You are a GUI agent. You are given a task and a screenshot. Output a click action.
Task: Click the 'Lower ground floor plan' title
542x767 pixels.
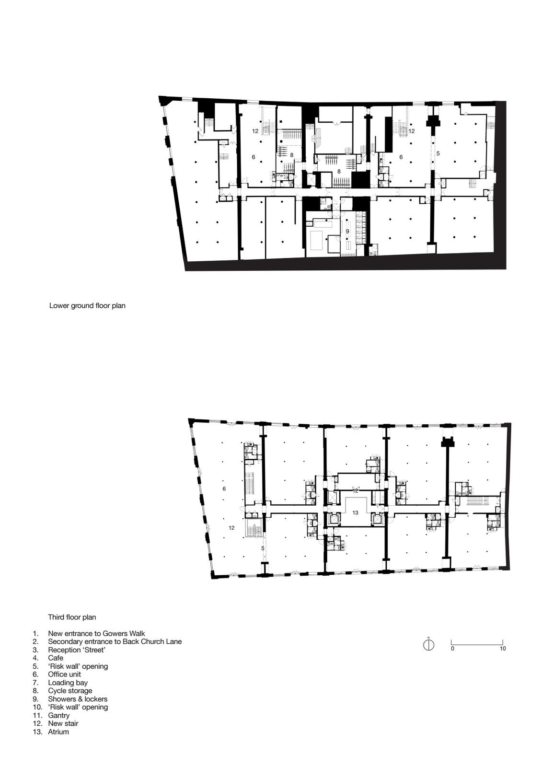point(87,305)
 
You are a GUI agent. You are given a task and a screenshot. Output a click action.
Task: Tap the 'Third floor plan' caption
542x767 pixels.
point(72,617)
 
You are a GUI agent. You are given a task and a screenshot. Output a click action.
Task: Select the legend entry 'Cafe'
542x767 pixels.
point(56,658)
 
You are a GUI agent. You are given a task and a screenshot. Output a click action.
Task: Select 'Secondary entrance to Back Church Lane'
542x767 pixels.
point(115,642)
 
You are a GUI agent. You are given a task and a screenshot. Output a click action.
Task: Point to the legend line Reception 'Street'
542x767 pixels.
point(77,650)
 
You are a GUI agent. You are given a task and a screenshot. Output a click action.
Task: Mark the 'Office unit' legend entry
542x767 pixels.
point(64,674)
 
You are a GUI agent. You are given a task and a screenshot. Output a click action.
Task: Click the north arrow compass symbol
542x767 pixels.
point(429,645)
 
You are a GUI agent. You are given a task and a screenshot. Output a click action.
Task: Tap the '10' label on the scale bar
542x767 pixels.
point(503,649)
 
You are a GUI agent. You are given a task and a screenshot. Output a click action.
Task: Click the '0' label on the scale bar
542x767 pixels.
point(452,649)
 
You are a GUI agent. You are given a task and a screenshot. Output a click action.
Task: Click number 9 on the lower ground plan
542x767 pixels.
point(347,232)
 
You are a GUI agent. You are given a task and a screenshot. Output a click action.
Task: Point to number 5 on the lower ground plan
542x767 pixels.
point(438,153)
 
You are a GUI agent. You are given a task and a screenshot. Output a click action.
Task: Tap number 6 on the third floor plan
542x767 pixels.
point(224,488)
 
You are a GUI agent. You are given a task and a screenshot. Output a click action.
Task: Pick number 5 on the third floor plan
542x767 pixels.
point(263,548)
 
